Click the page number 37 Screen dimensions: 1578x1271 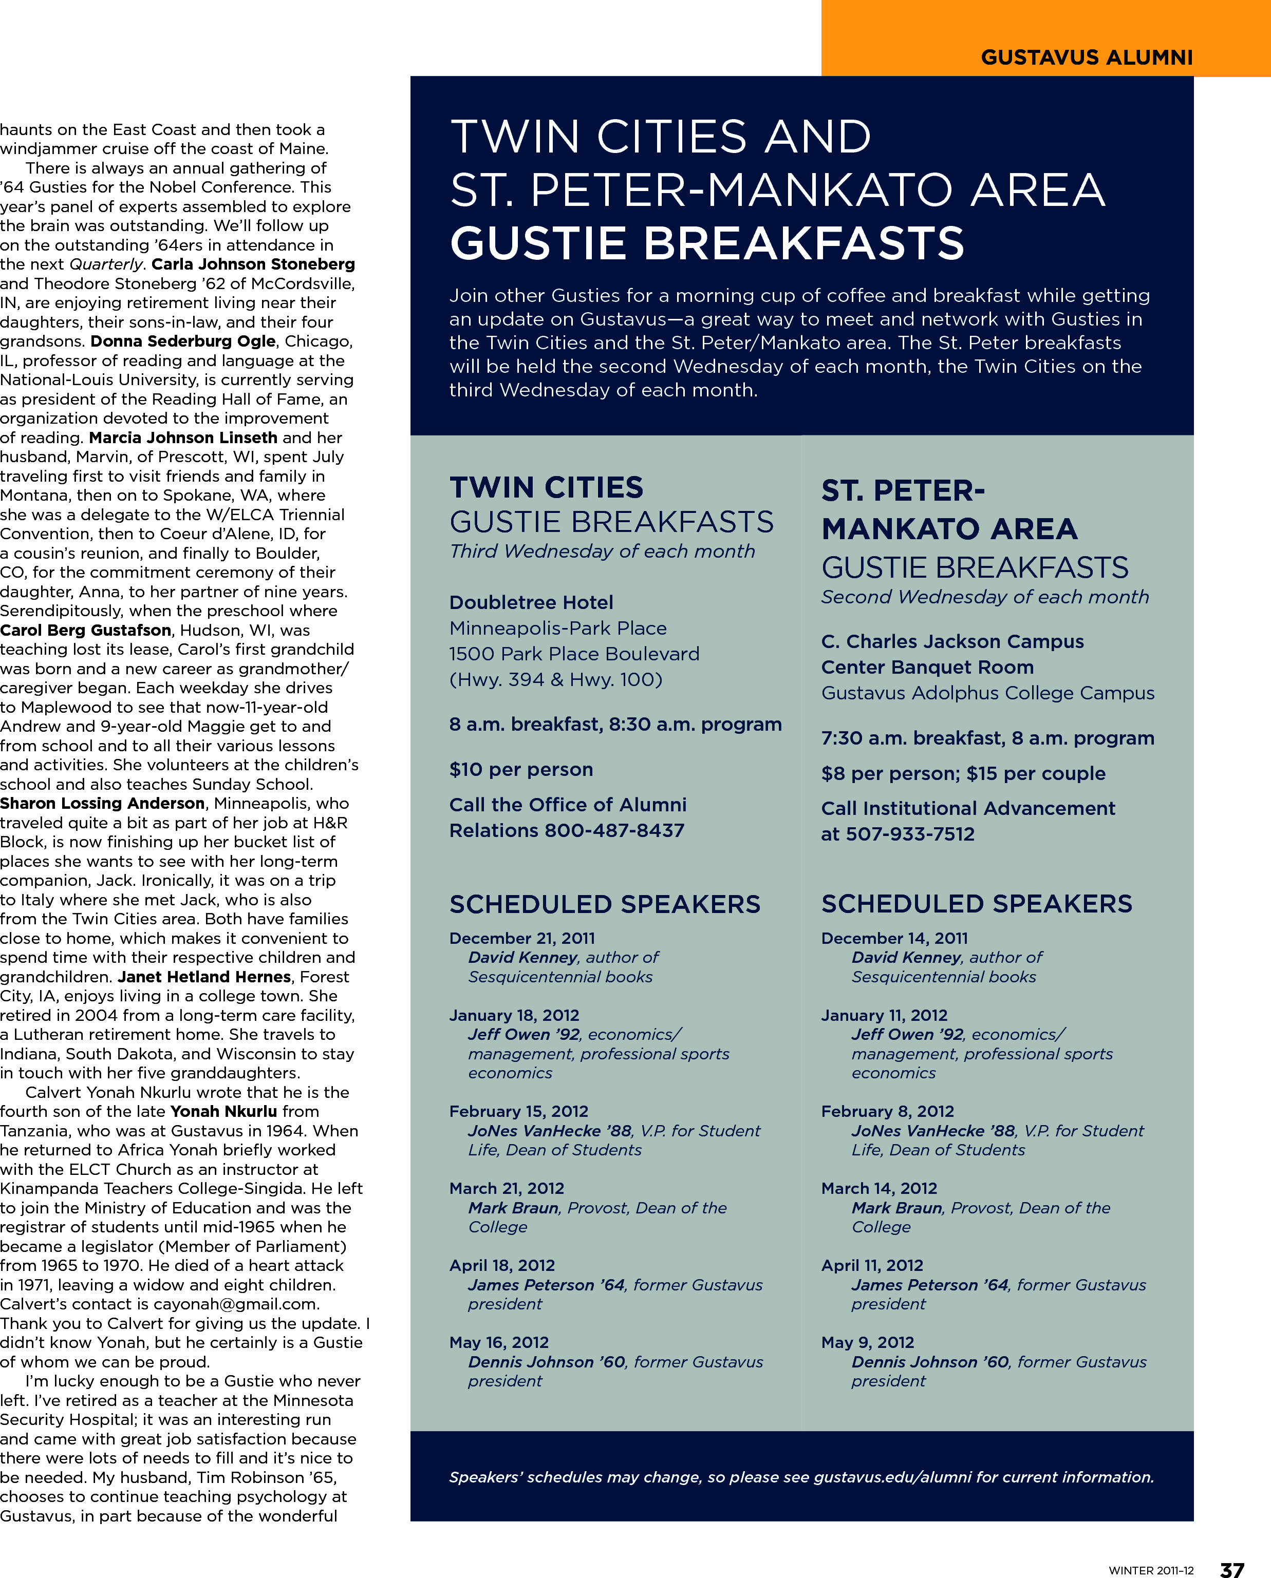1232,1568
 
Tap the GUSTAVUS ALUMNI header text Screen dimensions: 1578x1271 1087,57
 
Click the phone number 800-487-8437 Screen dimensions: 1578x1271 614,831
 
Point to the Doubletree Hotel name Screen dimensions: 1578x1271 531,602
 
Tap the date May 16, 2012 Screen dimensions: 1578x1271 499,1342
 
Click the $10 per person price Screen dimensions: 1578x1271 520,769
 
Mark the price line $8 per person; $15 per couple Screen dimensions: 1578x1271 963,774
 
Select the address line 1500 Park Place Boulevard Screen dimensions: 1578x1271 574,654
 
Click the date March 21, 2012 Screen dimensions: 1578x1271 507,1189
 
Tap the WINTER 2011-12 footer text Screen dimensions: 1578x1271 1150,1570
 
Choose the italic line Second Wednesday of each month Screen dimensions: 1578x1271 985,597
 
